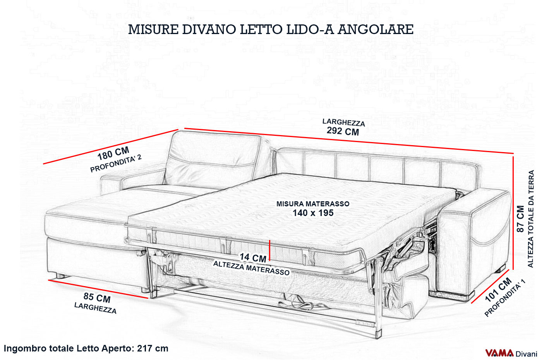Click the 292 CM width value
pos(343,131)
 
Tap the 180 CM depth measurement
pos(113,153)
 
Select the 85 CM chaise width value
pos(97,298)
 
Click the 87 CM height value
pos(520,219)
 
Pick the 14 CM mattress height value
pos(253,258)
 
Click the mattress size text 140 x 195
pos(313,213)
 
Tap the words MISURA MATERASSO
pos(313,204)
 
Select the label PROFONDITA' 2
pos(116,163)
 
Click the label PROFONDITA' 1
pos(505,299)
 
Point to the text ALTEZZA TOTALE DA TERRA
pos(531,219)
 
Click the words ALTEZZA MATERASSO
pos(251,268)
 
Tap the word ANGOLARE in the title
pos(375,29)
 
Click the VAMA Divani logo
pos(511,353)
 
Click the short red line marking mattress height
pos(269,250)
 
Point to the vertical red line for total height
pos(513,213)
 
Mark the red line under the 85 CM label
pos(98,289)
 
